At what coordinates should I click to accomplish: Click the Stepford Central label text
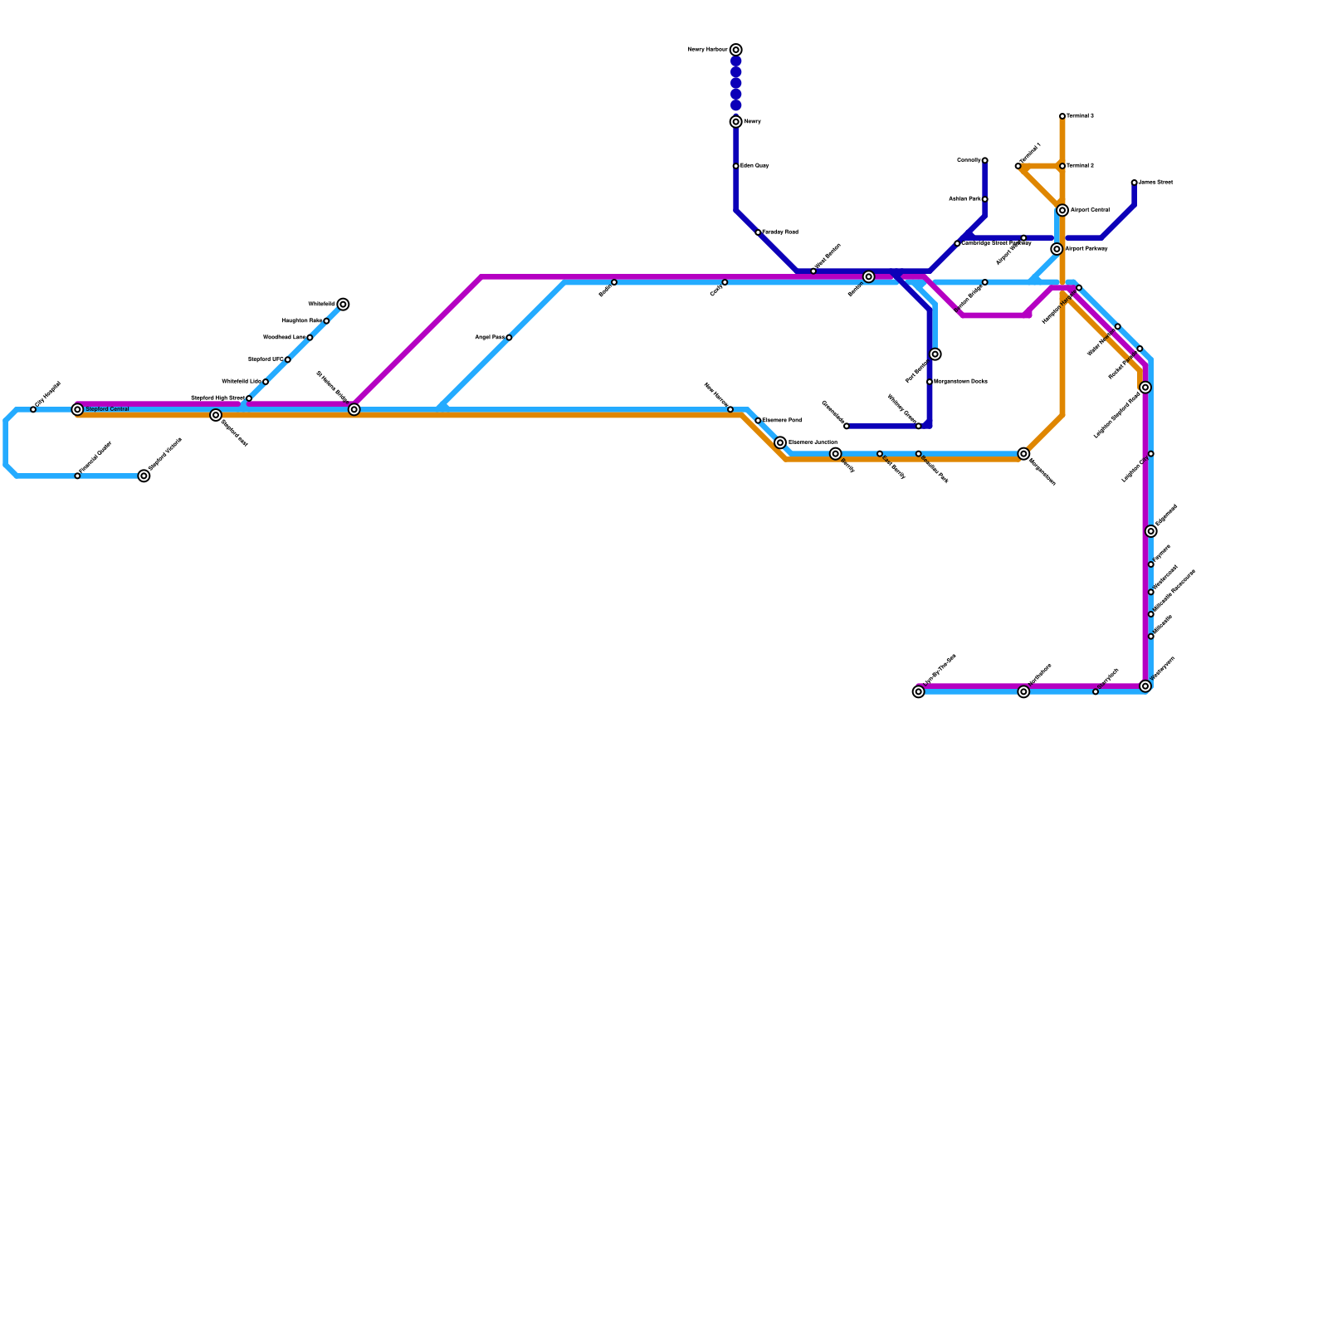(107, 409)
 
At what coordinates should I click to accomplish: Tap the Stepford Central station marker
(77, 410)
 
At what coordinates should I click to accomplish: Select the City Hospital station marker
(33, 410)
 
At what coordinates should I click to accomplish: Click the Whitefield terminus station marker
(343, 305)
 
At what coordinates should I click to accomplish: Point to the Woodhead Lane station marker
(310, 338)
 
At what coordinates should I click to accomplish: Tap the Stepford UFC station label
(266, 359)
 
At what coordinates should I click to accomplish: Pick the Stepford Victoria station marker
(144, 476)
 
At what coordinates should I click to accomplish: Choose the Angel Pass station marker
(509, 338)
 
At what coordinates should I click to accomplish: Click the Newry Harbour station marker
(736, 50)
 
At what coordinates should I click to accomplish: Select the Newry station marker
(736, 122)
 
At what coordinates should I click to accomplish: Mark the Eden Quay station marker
(736, 166)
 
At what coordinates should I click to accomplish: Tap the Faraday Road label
(780, 232)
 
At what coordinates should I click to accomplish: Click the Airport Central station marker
(1062, 210)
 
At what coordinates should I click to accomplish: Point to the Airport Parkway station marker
(1057, 249)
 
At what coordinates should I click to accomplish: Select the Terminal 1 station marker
(1018, 166)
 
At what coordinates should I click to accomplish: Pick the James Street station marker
(1135, 183)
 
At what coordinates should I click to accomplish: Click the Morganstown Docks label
(960, 382)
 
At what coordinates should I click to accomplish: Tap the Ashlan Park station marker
(985, 199)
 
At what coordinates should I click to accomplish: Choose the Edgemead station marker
(1151, 531)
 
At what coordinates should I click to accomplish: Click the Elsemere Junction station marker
(780, 442)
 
